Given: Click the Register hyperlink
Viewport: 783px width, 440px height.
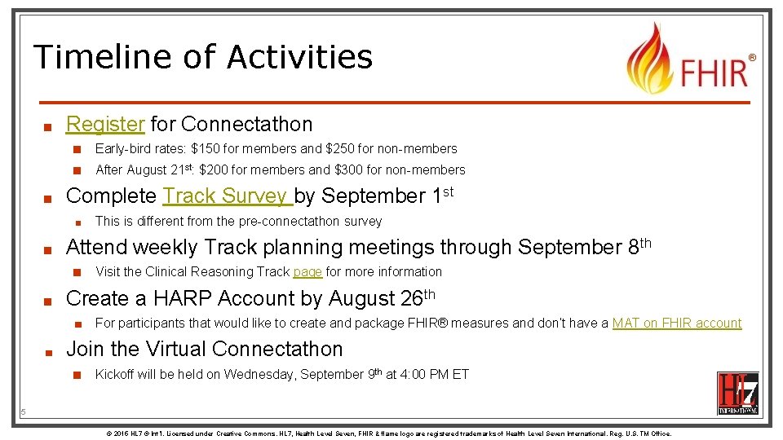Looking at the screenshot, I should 105,125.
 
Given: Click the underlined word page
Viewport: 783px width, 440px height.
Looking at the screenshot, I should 307,272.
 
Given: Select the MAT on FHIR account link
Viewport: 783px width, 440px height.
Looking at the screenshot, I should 676,323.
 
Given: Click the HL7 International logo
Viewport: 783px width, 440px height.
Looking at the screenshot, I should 737,393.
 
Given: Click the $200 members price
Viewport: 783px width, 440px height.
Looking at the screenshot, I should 214,170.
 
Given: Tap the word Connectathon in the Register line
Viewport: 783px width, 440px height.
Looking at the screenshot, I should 246,125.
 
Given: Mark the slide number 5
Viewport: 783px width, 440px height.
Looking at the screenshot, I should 23,412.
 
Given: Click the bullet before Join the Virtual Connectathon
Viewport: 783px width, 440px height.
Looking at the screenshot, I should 49,351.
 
